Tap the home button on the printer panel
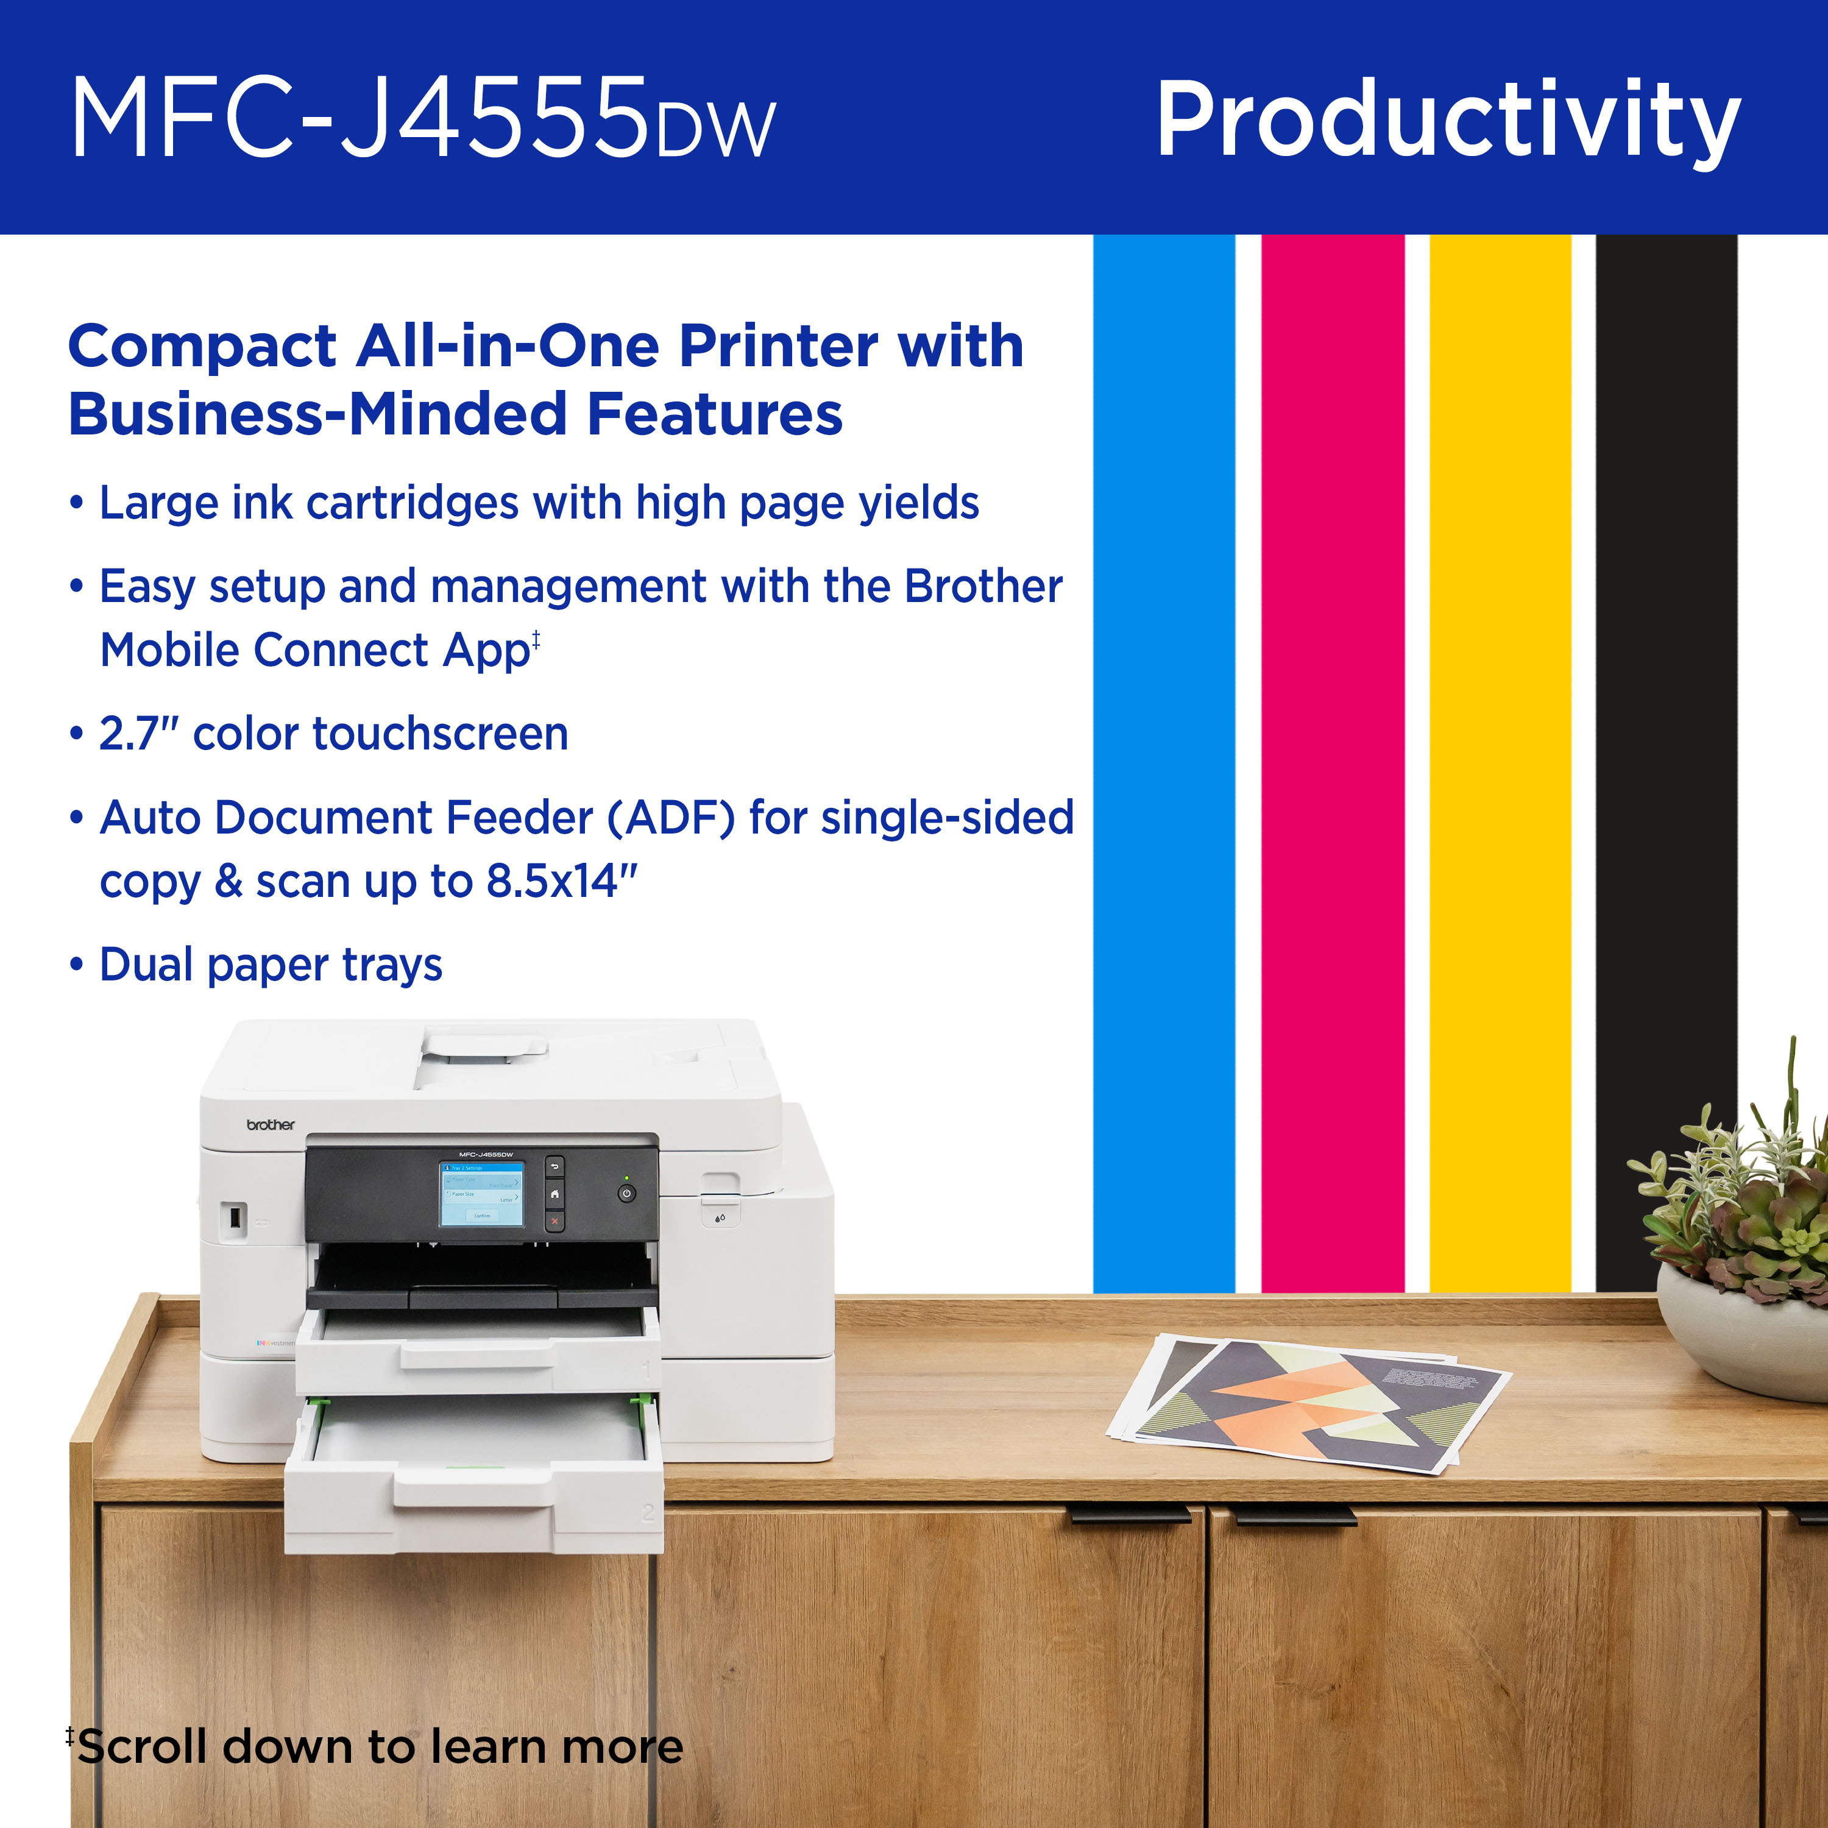pos(554,1194)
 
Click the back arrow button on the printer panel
pos(554,1167)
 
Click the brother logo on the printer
pos(270,1125)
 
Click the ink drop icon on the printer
pos(720,1217)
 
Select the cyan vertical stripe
pos(1164,757)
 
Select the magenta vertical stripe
pos(1332,757)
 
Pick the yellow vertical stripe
pos(1500,757)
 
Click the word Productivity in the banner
pos(1448,121)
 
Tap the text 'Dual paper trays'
pos(271,965)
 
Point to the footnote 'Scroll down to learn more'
pos(378,1746)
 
